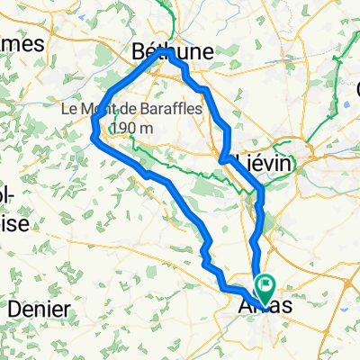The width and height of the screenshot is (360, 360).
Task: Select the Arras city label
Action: (266, 307)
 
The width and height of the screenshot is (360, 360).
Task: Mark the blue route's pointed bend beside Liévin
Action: (221, 161)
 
